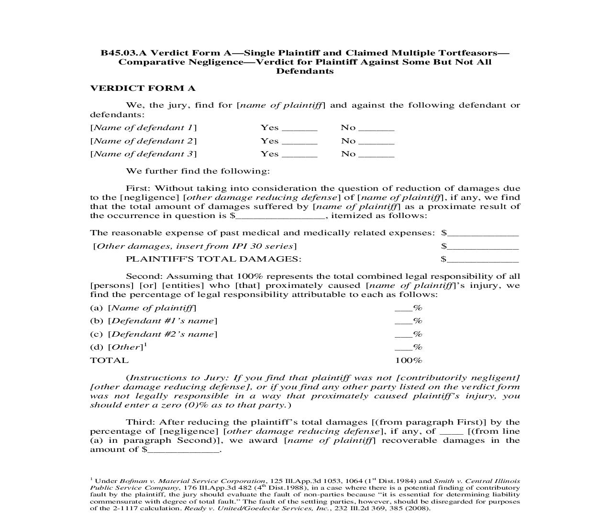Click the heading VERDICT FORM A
point(143,88)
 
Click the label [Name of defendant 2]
point(144,141)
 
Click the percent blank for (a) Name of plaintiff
point(403,309)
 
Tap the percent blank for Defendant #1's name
point(403,322)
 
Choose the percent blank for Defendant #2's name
point(403,335)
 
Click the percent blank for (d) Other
point(403,348)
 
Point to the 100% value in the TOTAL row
point(408,361)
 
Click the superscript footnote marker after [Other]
point(145,344)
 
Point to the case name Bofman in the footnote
point(130,481)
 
